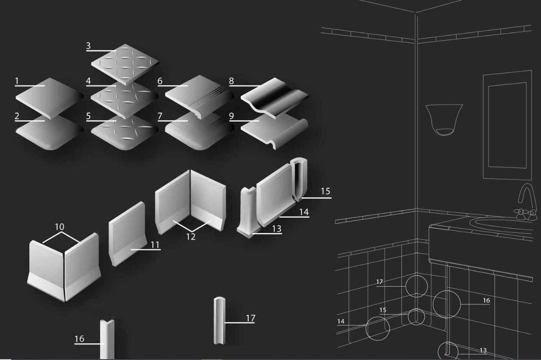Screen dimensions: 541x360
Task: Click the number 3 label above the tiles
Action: (89, 46)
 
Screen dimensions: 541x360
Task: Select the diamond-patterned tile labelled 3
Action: (125, 64)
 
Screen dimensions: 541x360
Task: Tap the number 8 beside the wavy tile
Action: (231, 81)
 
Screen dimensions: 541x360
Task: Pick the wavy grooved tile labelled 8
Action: (275, 98)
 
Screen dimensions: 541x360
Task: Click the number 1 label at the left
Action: (17, 81)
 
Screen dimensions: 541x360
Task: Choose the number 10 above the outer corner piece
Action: (60, 227)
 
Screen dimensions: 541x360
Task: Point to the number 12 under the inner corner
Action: (191, 237)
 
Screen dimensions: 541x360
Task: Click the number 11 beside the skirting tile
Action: (155, 245)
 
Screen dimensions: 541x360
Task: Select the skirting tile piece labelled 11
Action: (128, 234)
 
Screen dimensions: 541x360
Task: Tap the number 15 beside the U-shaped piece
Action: (326, 191)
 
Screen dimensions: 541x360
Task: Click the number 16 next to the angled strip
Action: (79, 339)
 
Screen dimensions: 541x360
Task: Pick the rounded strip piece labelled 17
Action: (220, 320)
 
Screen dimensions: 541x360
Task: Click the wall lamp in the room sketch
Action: (444, 120)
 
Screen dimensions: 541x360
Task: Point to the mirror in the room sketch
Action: (507, 125)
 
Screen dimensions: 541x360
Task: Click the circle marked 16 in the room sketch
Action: (446, 305)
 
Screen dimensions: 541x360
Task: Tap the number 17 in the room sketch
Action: (379, 282)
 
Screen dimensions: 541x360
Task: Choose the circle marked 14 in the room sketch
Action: (377, 329)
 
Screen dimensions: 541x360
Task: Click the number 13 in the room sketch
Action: (483, 351)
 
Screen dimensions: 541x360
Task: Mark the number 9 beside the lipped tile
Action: (231, 116)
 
